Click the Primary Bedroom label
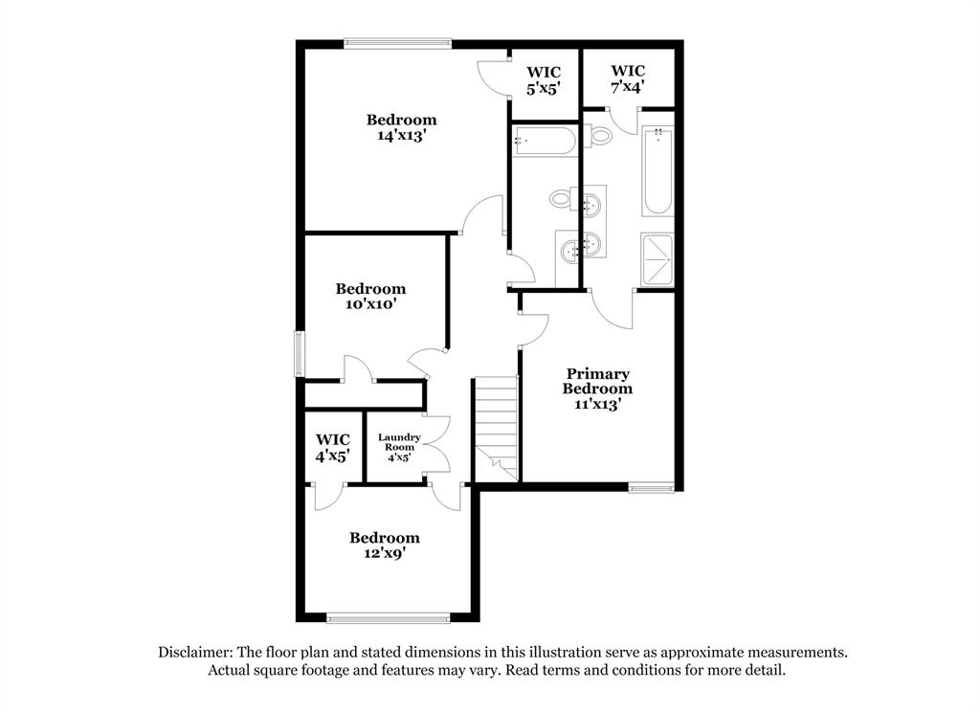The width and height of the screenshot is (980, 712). [597, 381]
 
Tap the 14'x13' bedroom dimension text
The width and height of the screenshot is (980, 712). [401, 136]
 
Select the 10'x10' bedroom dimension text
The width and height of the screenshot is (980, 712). [370, 304]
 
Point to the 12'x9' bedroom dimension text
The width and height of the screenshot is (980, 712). [384, 553]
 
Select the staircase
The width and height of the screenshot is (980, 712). [497, 428]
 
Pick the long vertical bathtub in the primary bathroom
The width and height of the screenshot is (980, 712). [658, 171]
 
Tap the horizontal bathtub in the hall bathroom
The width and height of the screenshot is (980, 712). [544, 142]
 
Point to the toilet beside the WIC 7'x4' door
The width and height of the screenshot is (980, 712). [600, 135]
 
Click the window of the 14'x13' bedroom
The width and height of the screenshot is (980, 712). [397, 42]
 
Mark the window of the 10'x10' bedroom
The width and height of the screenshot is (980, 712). [300, 353]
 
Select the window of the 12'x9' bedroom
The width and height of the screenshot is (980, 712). [387, 617]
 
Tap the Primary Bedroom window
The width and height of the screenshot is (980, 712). [652, 488]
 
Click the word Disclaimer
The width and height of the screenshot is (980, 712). [194, 652]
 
